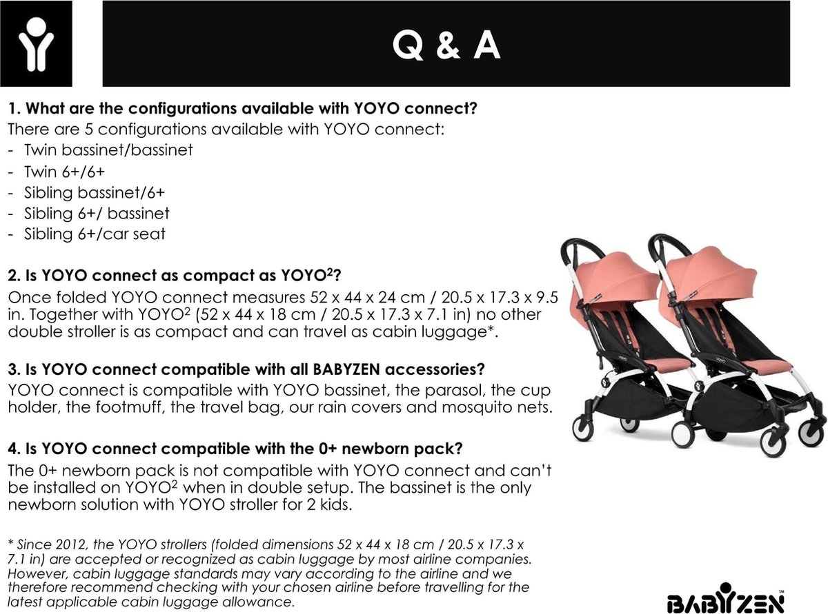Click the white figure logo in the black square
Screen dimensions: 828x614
[x=36, y=44]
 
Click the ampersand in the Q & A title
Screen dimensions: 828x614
[x=448, y=45]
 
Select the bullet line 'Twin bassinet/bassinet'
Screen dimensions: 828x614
[x=108, y=150]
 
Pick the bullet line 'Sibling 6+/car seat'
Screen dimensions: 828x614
[x=95, y=234]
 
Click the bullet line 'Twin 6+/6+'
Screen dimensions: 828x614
[x=64, y=172]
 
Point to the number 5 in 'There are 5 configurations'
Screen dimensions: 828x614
[x=88, y=130]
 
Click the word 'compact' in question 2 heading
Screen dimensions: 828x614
[x=210, y=276]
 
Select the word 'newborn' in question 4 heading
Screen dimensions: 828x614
[x=370, y=448]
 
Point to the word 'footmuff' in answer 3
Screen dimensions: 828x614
[x=130, y=407]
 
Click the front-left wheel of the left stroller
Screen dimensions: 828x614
[x=582, y=429]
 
